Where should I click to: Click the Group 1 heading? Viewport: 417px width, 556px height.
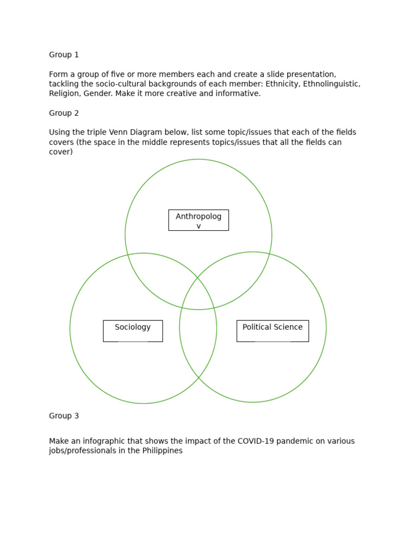tap(64, 55)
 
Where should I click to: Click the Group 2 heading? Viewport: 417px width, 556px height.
tap(64, 113)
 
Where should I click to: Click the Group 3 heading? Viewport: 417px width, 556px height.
tap(64, 416)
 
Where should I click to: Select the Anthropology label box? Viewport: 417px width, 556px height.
tap(198, 220)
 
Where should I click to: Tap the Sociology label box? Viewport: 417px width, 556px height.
tap(132, 331)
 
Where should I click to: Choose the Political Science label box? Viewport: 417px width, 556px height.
tap(273, 331)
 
